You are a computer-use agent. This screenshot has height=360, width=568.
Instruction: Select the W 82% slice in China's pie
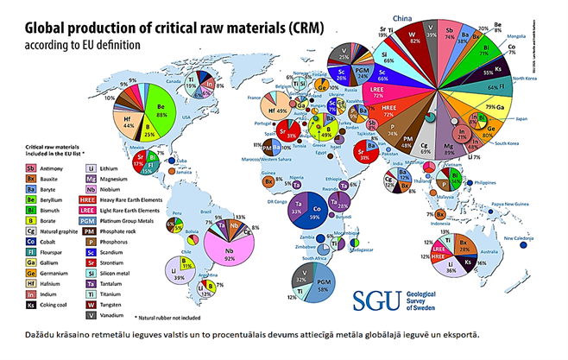[x=415, y=39]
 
